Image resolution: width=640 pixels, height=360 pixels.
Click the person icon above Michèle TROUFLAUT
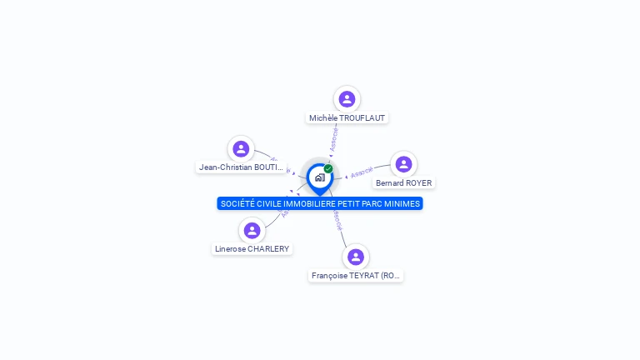(347, 99)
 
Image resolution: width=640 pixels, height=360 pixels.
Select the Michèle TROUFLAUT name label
(347, 118)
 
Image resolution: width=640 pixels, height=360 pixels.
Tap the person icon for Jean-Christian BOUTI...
(241, 149)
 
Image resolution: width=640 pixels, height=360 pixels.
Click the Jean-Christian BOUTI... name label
(242, 167)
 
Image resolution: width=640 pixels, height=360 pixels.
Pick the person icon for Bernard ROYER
(404, 164)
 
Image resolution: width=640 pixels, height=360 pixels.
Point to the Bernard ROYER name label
(404, 183)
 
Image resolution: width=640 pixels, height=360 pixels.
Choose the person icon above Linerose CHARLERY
(252, 230)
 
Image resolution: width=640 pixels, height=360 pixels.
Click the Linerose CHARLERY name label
(252, 249)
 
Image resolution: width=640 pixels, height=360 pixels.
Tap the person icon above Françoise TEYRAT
(356, 257)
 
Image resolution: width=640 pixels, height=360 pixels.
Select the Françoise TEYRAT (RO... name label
(356, 276)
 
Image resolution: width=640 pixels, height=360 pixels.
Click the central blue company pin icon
(319, 177)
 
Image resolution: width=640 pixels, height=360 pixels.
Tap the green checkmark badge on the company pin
(328, 169)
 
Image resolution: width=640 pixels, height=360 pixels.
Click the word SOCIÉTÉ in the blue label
(238, 204)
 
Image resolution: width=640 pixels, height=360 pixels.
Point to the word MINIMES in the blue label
(402, 204)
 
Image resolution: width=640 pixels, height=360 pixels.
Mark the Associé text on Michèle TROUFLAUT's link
(334, 138)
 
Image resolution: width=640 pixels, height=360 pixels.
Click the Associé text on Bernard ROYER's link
(362, 172)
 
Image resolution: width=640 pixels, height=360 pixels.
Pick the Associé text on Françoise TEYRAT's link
(337, 221)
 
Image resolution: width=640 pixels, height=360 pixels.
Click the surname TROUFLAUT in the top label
(362, 118)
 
